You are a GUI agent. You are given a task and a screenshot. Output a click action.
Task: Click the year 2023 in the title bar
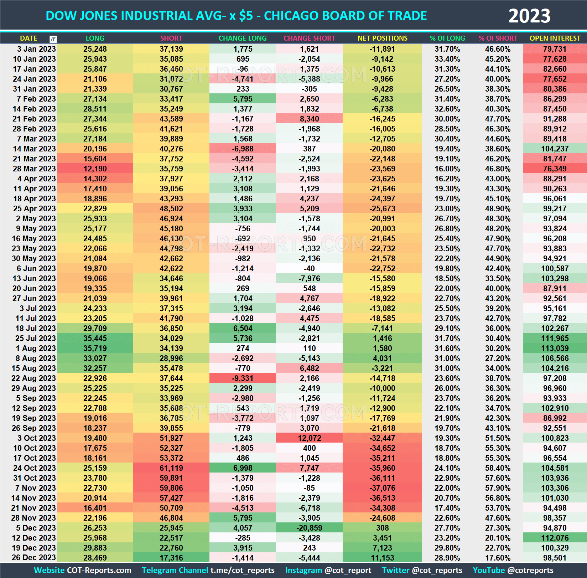[529, 16]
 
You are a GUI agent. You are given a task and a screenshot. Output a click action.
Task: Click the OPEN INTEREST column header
[555, 38]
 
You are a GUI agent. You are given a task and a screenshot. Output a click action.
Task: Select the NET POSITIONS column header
[382, 38]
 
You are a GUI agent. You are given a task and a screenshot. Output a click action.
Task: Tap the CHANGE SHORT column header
[309, 38]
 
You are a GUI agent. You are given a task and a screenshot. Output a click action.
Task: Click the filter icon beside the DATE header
[53, 39]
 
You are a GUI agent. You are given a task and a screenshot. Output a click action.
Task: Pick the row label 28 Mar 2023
[34, 169]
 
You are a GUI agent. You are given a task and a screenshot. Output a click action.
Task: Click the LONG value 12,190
[95, 169]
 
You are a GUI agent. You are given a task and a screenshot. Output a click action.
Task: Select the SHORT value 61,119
[171, 468]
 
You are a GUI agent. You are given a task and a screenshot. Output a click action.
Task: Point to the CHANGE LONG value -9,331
[243, 378]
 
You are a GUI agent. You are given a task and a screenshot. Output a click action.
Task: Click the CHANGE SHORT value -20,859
[309, 528]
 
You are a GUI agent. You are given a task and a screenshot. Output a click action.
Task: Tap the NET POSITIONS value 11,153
[382, 558]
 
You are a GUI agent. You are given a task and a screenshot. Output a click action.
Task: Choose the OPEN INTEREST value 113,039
[555, 348]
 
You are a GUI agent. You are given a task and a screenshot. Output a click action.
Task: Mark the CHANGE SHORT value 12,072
[309, 438]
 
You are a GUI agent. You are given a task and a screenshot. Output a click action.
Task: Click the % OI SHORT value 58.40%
[498, 468]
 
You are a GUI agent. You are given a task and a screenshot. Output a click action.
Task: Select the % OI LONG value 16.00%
[447, 169]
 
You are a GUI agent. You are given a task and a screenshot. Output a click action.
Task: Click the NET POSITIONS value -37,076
[382, 488]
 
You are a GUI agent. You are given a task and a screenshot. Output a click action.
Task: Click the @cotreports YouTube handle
[530, 570]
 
